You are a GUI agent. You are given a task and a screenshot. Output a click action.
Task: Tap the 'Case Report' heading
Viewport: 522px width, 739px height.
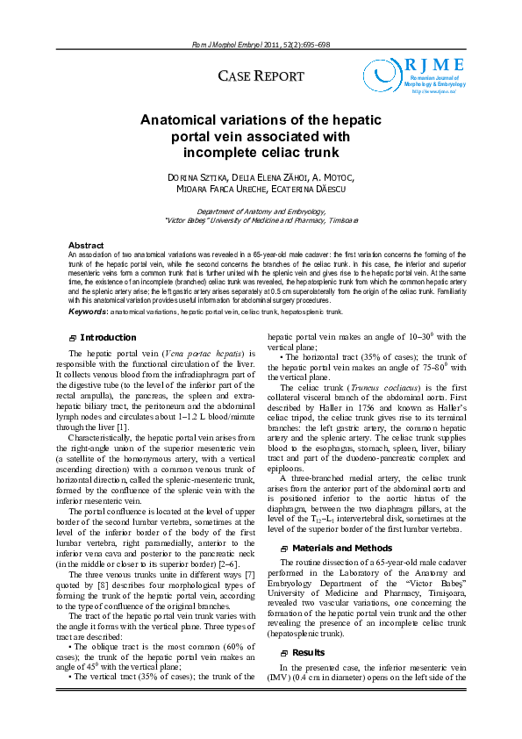click(261, 77)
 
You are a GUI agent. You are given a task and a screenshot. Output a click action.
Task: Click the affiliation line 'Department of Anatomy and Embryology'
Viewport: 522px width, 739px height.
click(261, 212)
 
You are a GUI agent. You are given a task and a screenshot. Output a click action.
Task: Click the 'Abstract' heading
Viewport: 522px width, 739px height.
click(86, 245)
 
